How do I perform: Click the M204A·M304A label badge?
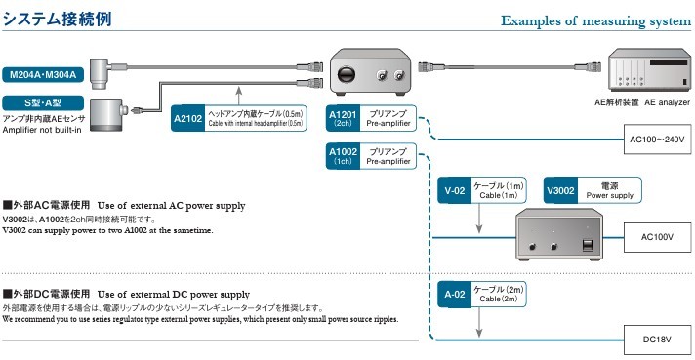(x=43, y=74)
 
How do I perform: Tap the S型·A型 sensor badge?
(x=43, y=103)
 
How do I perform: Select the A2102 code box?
(x=188, y=118)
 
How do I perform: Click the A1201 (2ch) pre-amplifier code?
(x=343, y=118)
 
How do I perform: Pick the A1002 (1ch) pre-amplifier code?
(x=343, y=156)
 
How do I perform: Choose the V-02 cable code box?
(x=454, y=190)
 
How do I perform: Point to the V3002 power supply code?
(x=560, y=190)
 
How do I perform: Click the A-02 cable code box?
(x=454, y=294)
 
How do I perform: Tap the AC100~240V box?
(x=657, y=140)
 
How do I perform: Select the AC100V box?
(x=657, y=237)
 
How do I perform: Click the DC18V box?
(x=657, y=340)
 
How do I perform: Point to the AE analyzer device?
(x=649, y=69)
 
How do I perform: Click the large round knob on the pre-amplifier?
(x=347, y=74)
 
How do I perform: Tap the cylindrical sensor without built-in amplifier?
(x=106, y=115)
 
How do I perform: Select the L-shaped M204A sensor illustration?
(x=102, y=74)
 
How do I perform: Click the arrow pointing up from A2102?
(x=239, y=96)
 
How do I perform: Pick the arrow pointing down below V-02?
(x=478, y=219)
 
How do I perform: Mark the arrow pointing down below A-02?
(x=478, y=322)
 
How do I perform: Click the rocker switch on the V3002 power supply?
(x=588, y=245)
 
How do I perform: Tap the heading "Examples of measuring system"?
(x=595, y=20)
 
